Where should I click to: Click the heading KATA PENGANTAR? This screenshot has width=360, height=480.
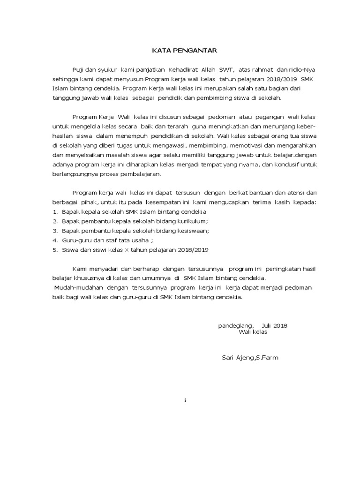coord(180,50)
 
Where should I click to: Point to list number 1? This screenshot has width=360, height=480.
coord(55,212)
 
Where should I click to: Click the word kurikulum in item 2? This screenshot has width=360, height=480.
coord(191,221)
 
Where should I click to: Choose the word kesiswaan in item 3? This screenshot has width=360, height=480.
coord(192,231)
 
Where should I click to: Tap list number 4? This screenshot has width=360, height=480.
coord(55,240)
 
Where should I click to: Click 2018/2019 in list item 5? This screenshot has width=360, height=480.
coord(193,250)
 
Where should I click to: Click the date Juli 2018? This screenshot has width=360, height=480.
coord(275,326)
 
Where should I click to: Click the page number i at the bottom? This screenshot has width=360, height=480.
coord(186,400)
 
